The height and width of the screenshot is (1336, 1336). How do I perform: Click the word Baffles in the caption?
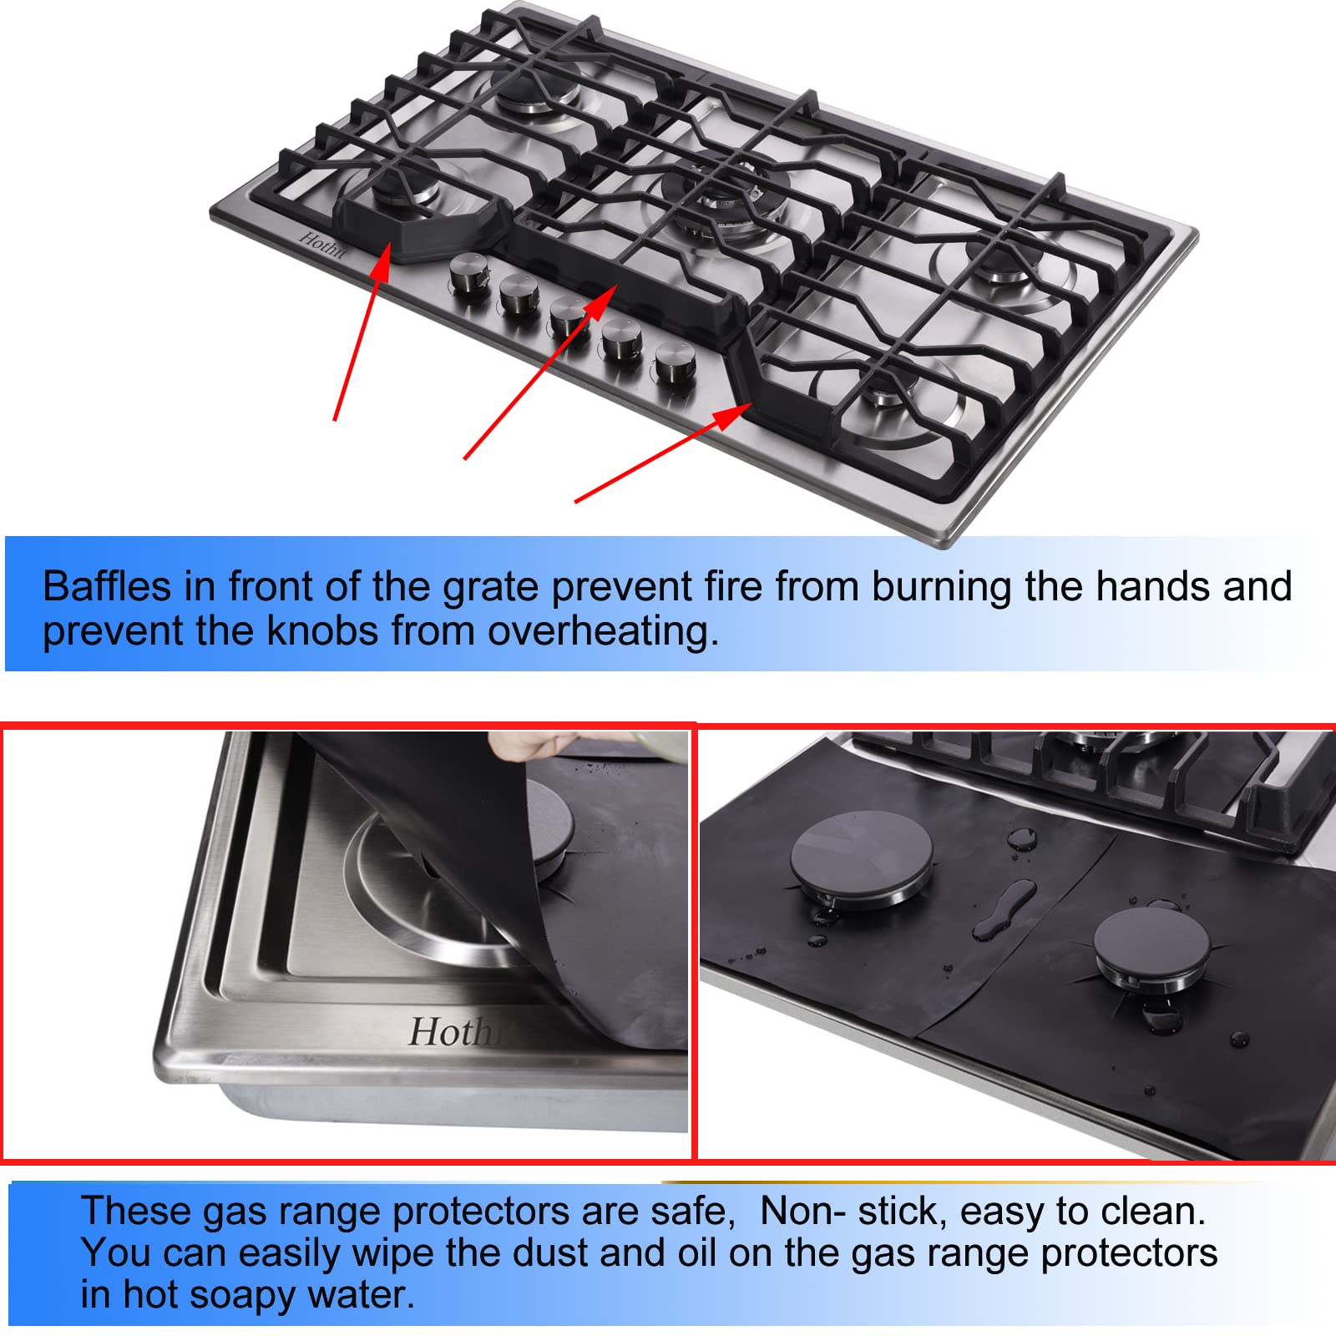click(106, 586)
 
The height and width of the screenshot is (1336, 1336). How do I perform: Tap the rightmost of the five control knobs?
click(675, 361)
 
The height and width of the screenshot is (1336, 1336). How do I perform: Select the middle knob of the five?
click(569, 316)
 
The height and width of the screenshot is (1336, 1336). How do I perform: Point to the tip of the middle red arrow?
click(615, 286)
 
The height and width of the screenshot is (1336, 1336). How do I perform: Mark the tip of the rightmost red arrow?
click(751, 404)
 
